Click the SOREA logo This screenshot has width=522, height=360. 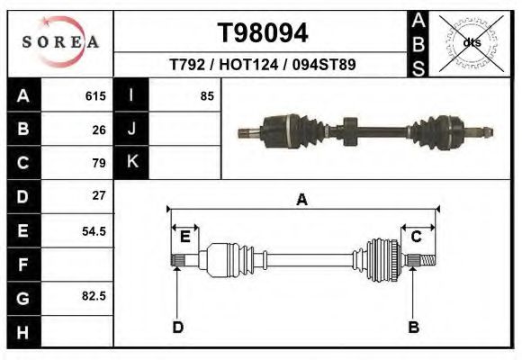(59, 42)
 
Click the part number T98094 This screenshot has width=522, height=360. (263, 33)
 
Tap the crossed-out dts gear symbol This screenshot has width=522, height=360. (471, 42)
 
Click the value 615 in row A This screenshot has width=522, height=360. (96, 96)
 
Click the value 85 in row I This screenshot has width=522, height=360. (207, 96)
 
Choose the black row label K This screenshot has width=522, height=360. (132, 163)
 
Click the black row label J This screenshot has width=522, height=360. (132, 130)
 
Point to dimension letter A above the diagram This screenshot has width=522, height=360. (302, 200)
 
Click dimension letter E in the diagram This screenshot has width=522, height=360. (184, 237)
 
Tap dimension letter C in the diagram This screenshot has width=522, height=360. (417, 237)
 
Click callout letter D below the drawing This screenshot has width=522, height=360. (178, 327)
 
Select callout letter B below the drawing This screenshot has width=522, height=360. (413, 327)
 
